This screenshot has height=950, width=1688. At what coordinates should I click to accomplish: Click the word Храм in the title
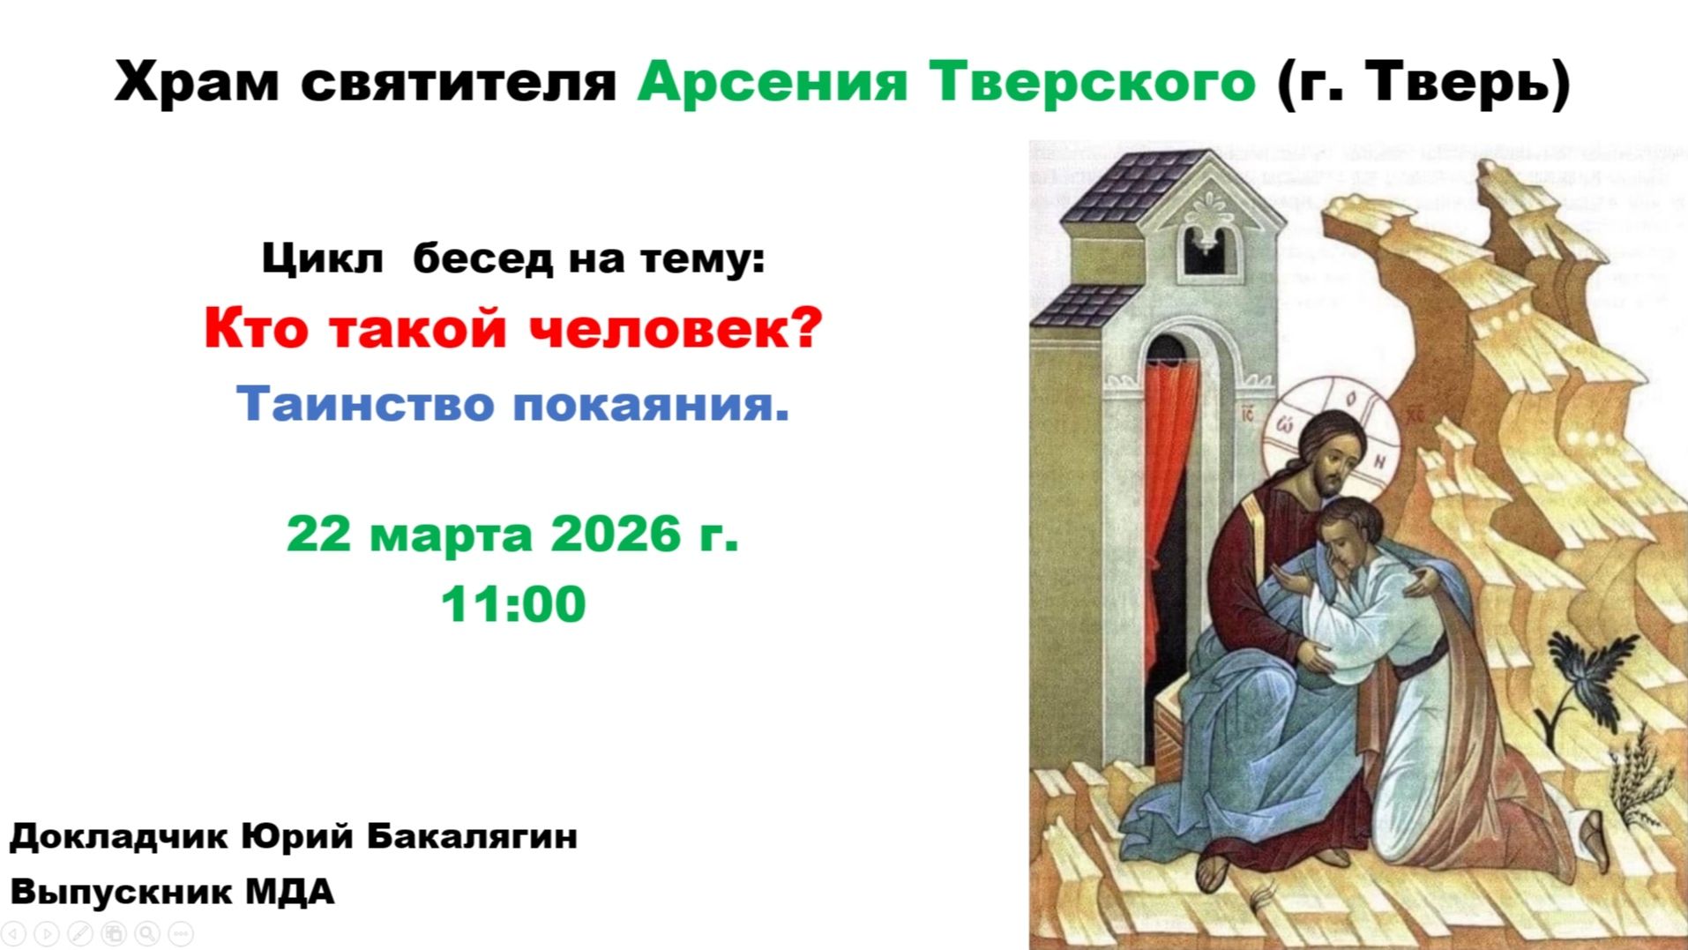pos(196,82)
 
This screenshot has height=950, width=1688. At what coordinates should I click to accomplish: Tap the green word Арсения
pos(772,82)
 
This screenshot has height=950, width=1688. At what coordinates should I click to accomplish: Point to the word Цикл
pos(322,259)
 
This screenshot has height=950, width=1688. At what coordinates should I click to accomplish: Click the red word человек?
pos(676,328)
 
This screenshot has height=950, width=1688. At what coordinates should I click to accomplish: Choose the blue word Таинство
pos(364,404)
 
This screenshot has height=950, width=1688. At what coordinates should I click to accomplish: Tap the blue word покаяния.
pos(651,404)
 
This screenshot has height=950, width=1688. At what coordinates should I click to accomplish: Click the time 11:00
pos(513,604)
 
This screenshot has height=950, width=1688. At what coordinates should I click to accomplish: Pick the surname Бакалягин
pos(472,835)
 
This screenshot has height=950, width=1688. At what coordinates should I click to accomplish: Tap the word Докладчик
pos(119,835)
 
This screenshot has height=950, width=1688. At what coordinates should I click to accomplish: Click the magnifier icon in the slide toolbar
pos(147,933)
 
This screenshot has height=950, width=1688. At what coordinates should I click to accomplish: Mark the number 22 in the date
pos(317,534)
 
